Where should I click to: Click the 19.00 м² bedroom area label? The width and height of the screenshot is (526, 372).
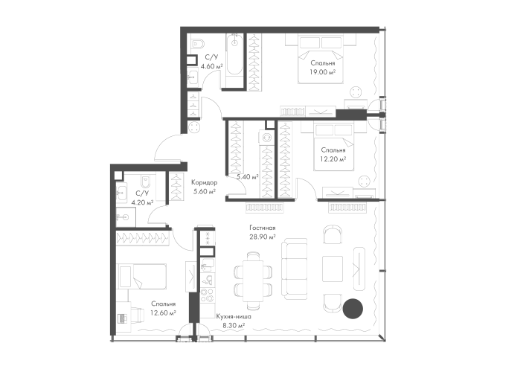pyautogui.click(x=323, y=71)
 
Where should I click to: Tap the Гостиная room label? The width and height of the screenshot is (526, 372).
pyautogui.click(x=263, y=228)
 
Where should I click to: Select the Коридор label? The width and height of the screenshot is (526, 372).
pyautogui.click(x=205, y=183)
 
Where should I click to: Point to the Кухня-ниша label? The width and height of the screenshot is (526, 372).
pyautogui.click(x=234, y=316)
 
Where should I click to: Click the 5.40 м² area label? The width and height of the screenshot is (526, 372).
pyautogui.click(x=248, y=177)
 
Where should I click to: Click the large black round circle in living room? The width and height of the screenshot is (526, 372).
pyautogui.click(x=353, y=309)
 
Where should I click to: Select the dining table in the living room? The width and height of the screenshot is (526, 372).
pyautogui.click(x=253, y=280)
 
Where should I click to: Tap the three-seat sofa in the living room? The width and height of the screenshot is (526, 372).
pyautogui.click(x=294, y=269)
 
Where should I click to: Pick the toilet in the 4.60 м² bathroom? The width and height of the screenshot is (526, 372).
pyautogui.click(x=197, y=44)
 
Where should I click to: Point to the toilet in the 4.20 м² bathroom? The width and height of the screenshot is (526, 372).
pyautogui.click(x=147, y=181)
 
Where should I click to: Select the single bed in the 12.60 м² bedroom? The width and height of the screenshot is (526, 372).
pyautogui.click(x=142, y=276)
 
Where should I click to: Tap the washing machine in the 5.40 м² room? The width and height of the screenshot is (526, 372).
pyautogui.click(x=266, y=138)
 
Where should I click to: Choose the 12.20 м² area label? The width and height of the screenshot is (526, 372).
pyautogui.click(x=333, y=159)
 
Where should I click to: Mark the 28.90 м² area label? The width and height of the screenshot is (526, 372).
pyautogui.click(x=263, y=237)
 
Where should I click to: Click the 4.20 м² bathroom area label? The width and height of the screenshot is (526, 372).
pyautogui.click(x=142, y=202)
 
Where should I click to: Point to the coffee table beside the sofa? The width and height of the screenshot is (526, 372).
pyautogui.click(x=333, y=269)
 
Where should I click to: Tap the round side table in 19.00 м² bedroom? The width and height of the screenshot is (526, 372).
pyautogui.click(x=357, y=92)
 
